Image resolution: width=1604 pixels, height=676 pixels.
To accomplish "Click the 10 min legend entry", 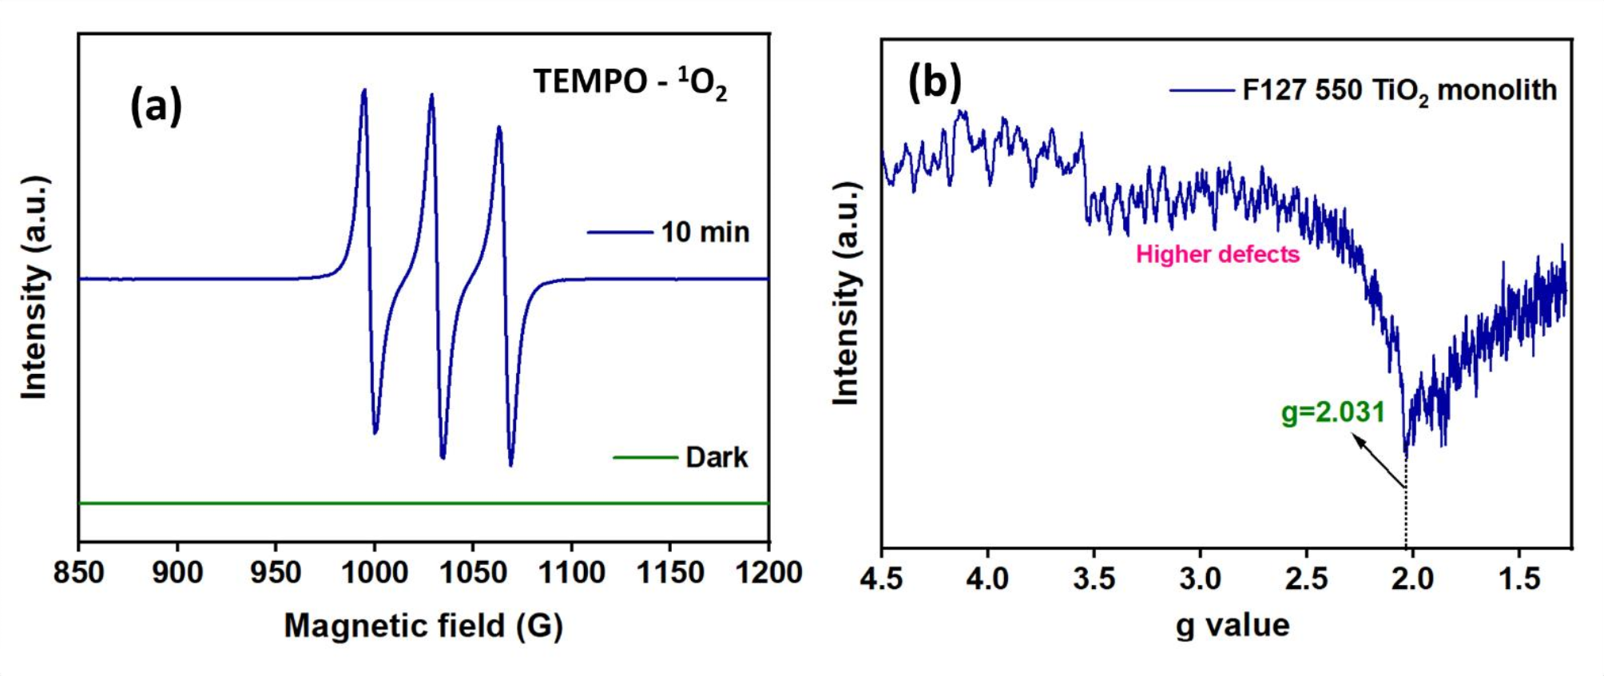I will (705, 233).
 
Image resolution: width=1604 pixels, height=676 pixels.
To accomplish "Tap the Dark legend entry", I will (716, 458).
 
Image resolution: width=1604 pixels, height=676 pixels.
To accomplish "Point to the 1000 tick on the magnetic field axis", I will (374, 572).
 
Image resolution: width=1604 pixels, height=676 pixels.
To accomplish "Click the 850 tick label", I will (78, 572).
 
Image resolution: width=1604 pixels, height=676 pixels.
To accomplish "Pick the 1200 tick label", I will (768, 572).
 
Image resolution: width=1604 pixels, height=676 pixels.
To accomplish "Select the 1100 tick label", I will (571, 572).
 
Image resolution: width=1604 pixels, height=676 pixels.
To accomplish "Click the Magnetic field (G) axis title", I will (423, 626).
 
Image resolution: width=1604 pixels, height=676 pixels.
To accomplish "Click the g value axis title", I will (1233, 625).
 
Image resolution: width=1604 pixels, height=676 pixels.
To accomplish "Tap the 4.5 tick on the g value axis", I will (882, 579).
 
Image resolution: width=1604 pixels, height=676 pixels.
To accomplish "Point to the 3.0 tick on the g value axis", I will (1200, 579).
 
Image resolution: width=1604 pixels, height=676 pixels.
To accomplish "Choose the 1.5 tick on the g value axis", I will (1519, 579).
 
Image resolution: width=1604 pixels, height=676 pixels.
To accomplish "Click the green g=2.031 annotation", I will (1332, 412).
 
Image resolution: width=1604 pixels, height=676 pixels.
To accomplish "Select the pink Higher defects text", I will (1217, 255).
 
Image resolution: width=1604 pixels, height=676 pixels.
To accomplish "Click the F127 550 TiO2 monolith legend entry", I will (1399, 90).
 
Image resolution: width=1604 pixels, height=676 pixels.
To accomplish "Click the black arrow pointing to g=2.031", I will (1377, 459).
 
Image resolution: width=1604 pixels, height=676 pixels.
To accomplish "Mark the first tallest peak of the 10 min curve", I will (364, 91).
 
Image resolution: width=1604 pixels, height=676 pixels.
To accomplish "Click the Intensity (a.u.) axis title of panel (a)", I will (35, 288).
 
